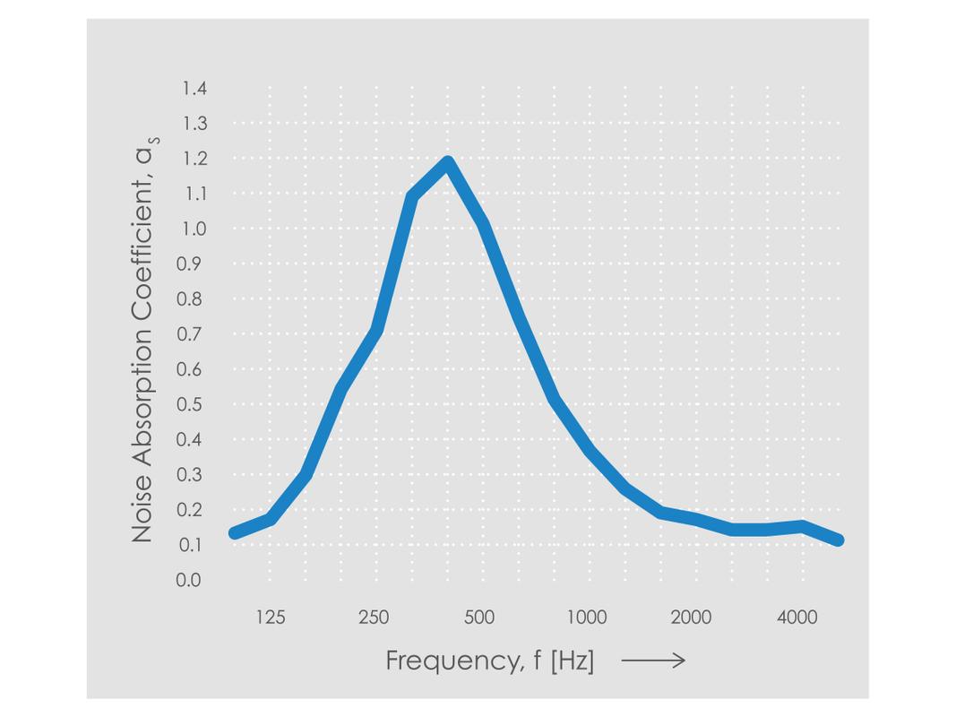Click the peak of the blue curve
447,163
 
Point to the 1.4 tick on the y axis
194,89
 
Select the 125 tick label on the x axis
270,618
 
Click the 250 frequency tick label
374,618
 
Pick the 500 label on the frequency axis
479,618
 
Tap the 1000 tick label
586,618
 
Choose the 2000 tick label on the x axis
691,618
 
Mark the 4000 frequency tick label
797,618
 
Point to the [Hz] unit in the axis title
572,661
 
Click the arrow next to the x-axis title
653,661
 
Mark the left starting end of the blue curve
235,533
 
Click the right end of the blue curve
839,540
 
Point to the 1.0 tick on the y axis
194,229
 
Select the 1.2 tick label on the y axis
194,159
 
